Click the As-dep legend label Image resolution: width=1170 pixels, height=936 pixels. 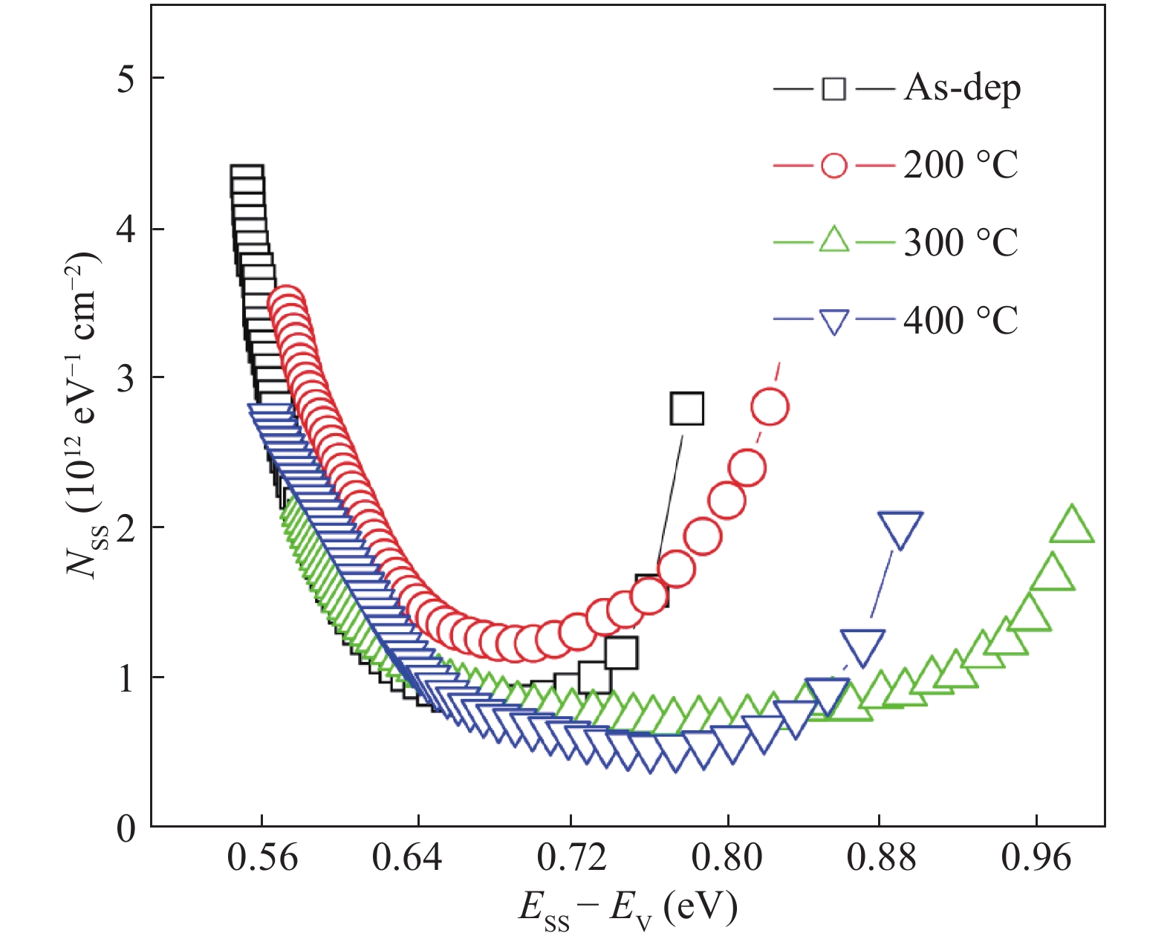coord(962,89)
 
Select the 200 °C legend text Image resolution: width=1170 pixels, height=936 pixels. coord(961,165)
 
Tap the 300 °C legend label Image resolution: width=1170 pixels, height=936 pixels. coord(961,242)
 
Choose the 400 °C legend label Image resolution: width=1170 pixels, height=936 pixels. coord(961,321)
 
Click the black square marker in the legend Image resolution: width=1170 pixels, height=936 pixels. coord(833,89)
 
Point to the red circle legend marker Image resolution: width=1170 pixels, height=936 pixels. coord(833,165)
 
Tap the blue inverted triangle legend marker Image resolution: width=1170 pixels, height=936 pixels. coord(833,322)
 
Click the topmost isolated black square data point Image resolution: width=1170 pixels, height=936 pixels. coord(686,408)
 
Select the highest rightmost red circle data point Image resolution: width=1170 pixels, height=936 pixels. coord(770,407)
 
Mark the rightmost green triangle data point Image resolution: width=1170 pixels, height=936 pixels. coord(1072,525)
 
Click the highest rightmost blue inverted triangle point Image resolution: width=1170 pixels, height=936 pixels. coord(900,528)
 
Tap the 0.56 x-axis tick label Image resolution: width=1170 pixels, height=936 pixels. coord(262,859)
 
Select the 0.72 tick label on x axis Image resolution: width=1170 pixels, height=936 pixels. coord(571,859)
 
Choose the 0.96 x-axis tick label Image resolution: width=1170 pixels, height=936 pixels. coord(1036,859)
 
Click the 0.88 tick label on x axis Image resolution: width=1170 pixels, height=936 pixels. coord(880,859)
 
